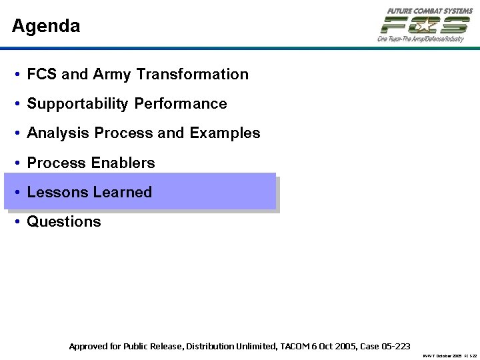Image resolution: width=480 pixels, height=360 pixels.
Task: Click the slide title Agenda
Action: [46, 27]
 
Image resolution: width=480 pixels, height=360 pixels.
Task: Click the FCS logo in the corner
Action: [424, 25]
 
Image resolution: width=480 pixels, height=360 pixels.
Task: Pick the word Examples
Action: [225, 133]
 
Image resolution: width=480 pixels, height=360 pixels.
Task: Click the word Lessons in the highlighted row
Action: [57, 192]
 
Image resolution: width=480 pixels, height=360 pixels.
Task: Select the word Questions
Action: [64, 221]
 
